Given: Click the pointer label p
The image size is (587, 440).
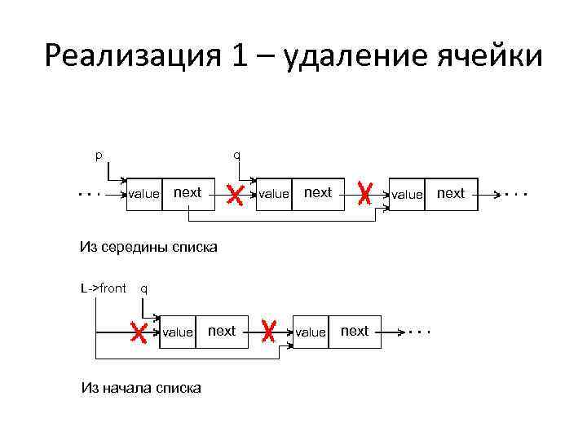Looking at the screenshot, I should coord(99,154).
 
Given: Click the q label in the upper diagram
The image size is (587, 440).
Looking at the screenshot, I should coord(236,154).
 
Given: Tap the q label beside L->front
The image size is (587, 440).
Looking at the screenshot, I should coord(144,288).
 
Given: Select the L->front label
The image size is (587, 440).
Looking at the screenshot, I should coord(104,288).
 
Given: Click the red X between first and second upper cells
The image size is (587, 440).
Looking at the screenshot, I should coord(235,194).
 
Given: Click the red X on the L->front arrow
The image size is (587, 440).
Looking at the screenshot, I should coord(139,332).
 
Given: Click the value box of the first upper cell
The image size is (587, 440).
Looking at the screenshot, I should coord(144,194).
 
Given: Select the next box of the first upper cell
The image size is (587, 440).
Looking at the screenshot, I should coord(188,193).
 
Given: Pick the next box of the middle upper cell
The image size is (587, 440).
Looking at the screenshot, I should coord(318,193).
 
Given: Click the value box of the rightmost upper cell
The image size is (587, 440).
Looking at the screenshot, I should coord(407,194).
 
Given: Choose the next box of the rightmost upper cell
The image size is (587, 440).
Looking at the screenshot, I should coord(451,193).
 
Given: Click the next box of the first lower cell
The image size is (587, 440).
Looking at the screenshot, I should coord(222,331).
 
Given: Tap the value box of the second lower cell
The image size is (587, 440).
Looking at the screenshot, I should coord(310,332).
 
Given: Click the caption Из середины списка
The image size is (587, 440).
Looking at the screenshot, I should coord(148,246).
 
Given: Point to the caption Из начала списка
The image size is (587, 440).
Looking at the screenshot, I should coord(141,388).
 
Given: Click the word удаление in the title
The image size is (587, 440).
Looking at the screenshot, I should coord(343,57).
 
